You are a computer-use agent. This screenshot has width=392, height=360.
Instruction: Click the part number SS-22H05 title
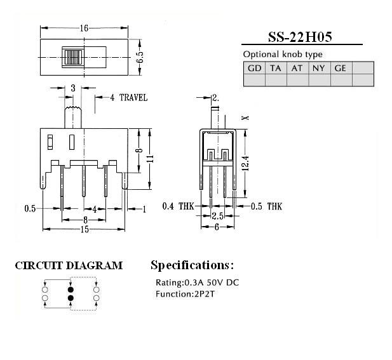pyautogui.click(x=300, y=37)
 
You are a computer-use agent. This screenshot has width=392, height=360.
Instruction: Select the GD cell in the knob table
pyautogui.click(x=255, y=68)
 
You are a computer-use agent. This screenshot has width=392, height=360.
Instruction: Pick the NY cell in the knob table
pyautogui.click(x=319, y=68)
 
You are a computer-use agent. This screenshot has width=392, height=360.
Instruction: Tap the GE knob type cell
pyautogui.click(x=341, y=68)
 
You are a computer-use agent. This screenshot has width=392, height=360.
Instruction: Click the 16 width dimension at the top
pyautogui.click(x=84, y=28)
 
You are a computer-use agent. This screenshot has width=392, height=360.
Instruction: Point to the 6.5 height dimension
pyautogui.click(x=140, y=57)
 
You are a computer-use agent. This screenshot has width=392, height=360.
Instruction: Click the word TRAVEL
pyautogui.click(x=133, y=97)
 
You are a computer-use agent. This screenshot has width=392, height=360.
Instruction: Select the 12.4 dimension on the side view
pyautogui.click(x=245, y=163)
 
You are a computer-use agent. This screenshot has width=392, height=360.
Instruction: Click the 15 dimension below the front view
pyautogui.click(x=84, y=229)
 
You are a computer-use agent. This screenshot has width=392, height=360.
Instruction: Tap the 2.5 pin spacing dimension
pyautogui.click(x=217, y=216)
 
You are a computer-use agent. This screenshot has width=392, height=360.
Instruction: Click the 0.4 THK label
pyautogui.click(x=178, y=206)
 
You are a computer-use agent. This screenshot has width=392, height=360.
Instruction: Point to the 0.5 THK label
pyautogui.click(x=266, y=206)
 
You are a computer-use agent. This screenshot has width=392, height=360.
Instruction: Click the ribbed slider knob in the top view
pyautogui.click(x=74, y=57)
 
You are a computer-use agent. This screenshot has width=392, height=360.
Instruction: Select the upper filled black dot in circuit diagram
pyautogui.click(x=71, y=290)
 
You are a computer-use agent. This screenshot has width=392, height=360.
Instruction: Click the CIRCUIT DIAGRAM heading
pyautogui.click(x=69, y=265)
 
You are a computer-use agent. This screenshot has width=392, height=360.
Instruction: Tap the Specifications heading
pyautogui.click(x=192, y=265)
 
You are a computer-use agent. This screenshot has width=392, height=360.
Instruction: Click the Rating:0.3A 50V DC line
pyautogui.click(x=197, y=283)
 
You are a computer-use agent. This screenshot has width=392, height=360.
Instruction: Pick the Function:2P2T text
pyautogui.click(x=185, y=294)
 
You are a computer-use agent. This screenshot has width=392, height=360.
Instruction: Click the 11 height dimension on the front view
pyautogui.click(x=150, y=159)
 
